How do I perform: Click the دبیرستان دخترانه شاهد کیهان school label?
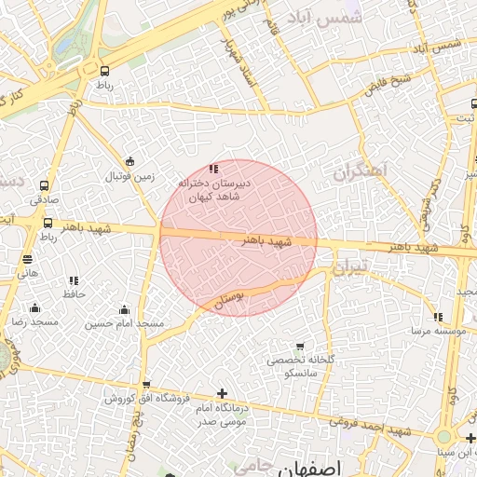214,190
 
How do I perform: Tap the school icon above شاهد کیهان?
213,169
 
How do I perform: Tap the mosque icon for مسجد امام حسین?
125,310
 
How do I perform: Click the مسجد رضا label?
34,321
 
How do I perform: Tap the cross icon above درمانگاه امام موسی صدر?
222,393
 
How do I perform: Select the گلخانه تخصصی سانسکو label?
298,365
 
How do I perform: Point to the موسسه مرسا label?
429,331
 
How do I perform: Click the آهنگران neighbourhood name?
360,172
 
